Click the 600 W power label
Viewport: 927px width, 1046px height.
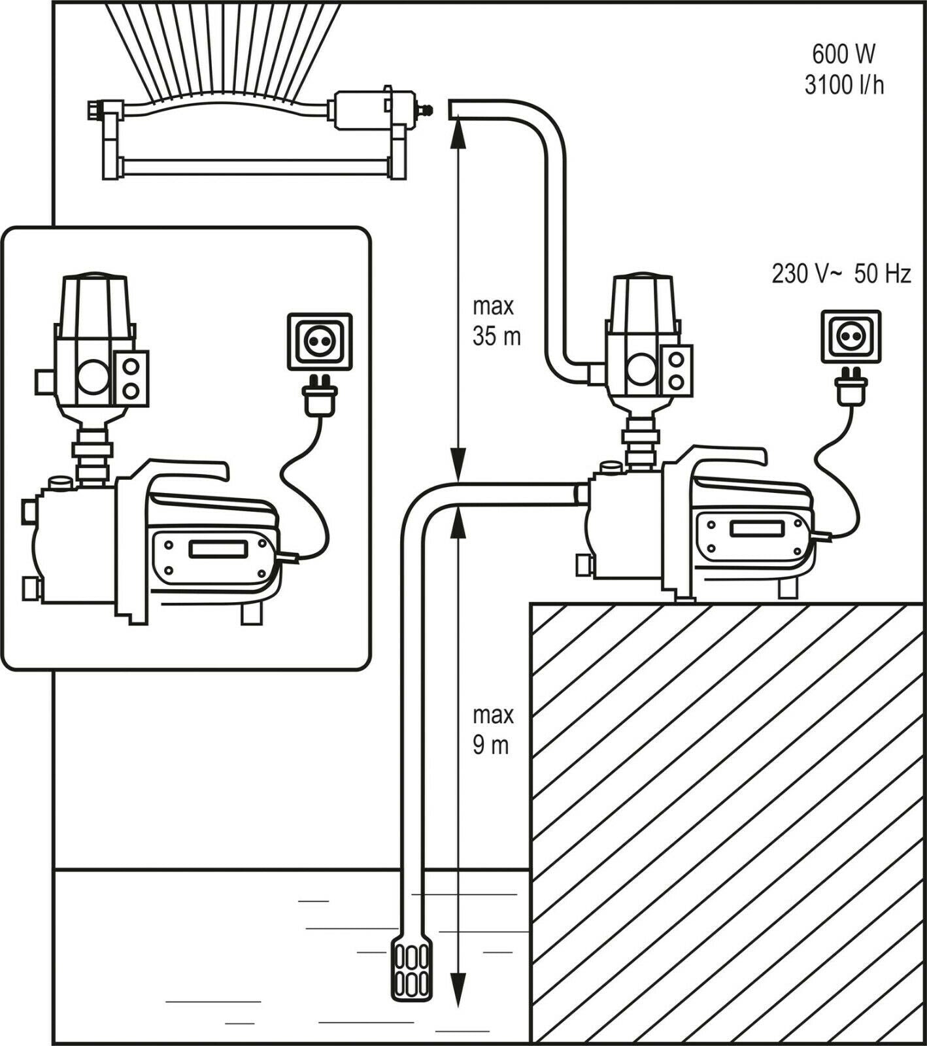click(x=843, y=54)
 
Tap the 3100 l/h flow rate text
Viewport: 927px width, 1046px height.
click(x=844, y=85)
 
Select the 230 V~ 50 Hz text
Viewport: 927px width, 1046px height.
click(x=841, y=273)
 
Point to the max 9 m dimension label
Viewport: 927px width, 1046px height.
click(x=492, y=730)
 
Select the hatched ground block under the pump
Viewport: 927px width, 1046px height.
click(x=726, y=817)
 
